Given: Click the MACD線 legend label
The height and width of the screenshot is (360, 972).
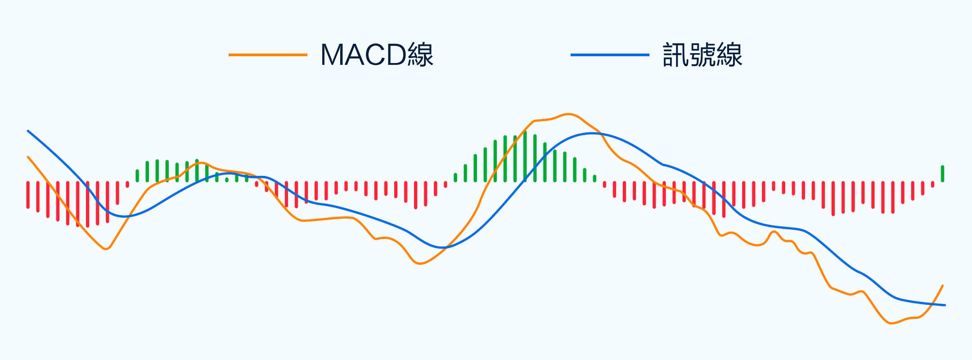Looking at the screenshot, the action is coord(377,55).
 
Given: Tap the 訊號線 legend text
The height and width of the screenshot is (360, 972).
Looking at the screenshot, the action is coord(702,55).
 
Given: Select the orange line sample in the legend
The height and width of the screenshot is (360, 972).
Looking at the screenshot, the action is coord(268,55).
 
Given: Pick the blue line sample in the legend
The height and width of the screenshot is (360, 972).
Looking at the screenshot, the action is coord(610,55).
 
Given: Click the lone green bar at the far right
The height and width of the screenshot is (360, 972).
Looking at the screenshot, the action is coord(942,174).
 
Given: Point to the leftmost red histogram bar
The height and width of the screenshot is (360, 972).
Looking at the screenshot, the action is coord(28,195).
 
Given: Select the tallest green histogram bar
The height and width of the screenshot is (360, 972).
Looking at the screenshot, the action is coord(525,156).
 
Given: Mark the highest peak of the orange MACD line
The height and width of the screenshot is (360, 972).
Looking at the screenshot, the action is coord(568,114).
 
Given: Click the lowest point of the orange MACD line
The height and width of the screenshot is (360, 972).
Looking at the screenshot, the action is coord(891,323).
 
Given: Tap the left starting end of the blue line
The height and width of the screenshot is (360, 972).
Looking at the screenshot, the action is coord(28,131).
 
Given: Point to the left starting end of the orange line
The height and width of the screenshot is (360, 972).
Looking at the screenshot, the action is coord(28,157).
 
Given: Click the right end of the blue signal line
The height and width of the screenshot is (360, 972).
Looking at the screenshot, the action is coord(945,305).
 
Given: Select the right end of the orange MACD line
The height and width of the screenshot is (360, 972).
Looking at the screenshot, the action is coord(942,285).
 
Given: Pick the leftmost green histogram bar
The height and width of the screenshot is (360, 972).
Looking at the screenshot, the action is coord(137,175).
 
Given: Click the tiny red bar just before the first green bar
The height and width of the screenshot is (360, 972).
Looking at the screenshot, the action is coord(127,184).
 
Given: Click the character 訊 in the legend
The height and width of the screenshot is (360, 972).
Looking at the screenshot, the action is coord(675,55).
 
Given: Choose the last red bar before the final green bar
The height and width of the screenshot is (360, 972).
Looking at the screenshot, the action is coord(932,184).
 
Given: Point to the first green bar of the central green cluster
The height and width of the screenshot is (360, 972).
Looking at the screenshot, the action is coord(455,177).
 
